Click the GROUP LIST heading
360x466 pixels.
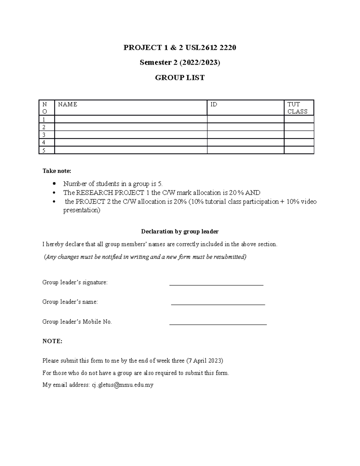180,78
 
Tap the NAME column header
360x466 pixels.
67,104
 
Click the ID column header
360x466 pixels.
214,104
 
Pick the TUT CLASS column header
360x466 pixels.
297,108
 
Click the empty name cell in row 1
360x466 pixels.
130,119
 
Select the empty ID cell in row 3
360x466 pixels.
245,135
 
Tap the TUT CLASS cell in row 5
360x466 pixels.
298,150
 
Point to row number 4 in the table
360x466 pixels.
44,143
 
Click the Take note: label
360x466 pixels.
57,171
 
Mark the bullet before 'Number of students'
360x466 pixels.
54,184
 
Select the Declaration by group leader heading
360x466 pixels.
180,232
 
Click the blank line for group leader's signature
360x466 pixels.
216,284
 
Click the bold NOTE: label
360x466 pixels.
52,341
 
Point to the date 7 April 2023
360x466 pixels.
205,361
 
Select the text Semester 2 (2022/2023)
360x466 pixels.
180,62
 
